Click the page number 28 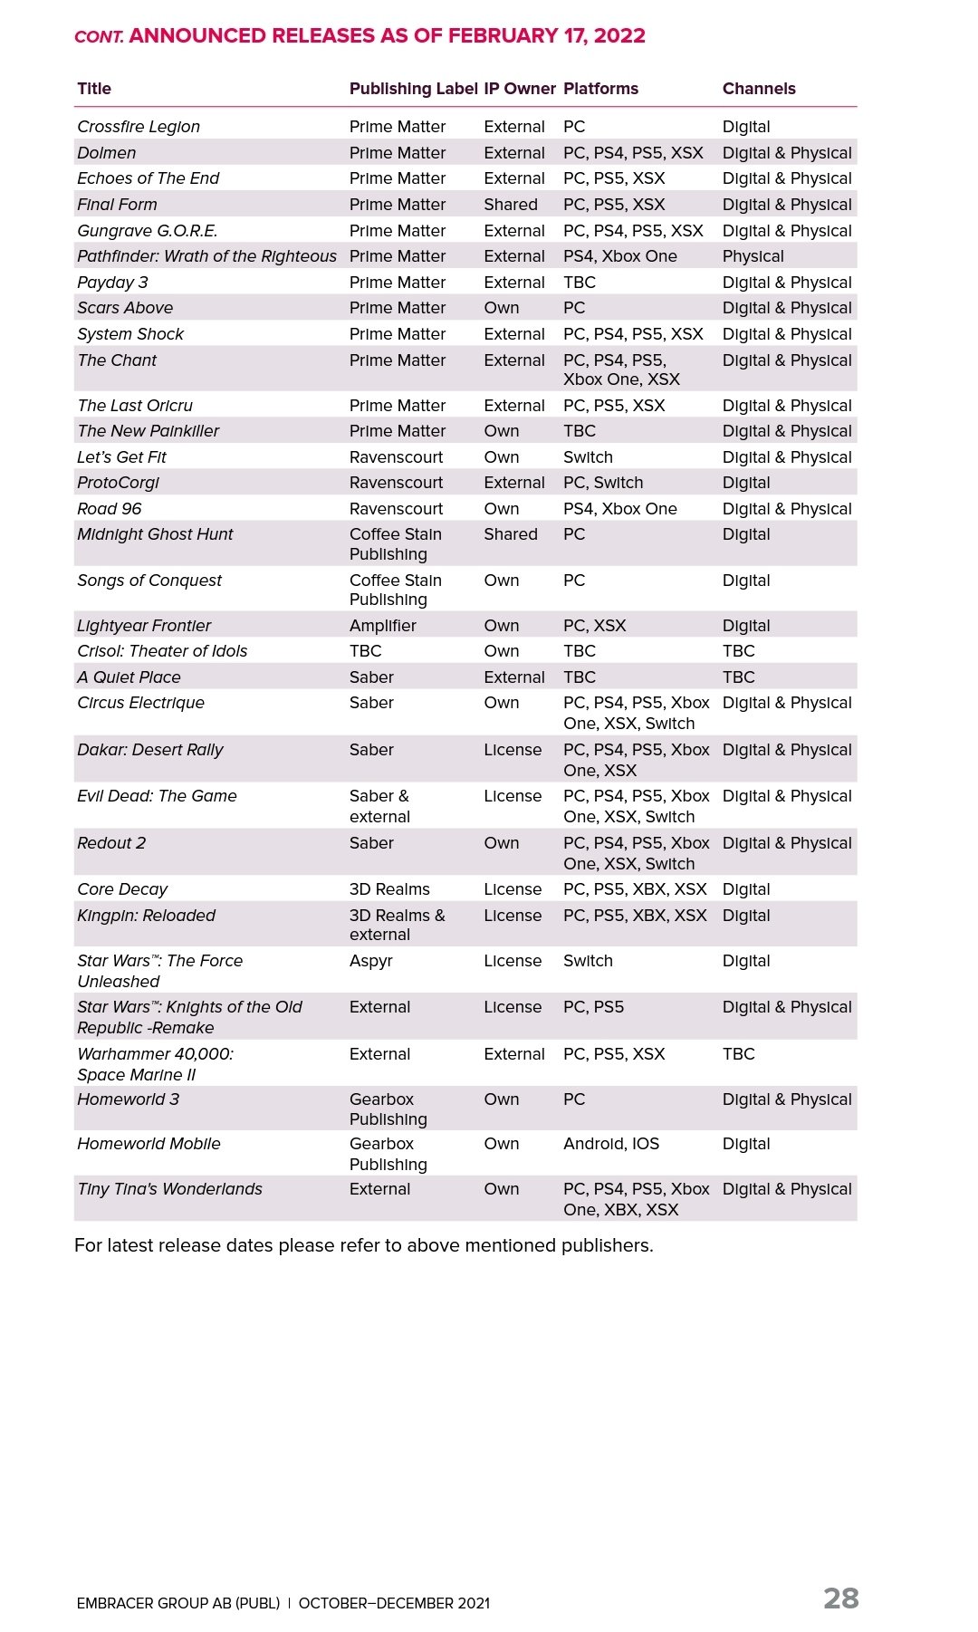pos(840,1598)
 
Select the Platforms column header pos(600,89)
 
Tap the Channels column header pos(759,89)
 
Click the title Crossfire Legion pos(139,127)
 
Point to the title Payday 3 pos(112,283)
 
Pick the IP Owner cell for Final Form pos(511,205)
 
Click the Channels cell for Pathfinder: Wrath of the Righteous pos(753,256)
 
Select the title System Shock pos(130,334)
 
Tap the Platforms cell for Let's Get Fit pos(588,457)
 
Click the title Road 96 pos(110,509)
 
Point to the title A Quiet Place pos(129,677)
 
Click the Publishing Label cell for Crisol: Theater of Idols pos(366,651)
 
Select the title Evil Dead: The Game pos(157,796)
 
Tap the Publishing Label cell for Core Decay pos(389,889)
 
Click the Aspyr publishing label pos(371,961)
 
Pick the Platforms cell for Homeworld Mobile pos(611,1144)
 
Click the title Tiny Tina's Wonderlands pos(169,1189)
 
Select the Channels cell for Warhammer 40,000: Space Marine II pos(738,1054)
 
